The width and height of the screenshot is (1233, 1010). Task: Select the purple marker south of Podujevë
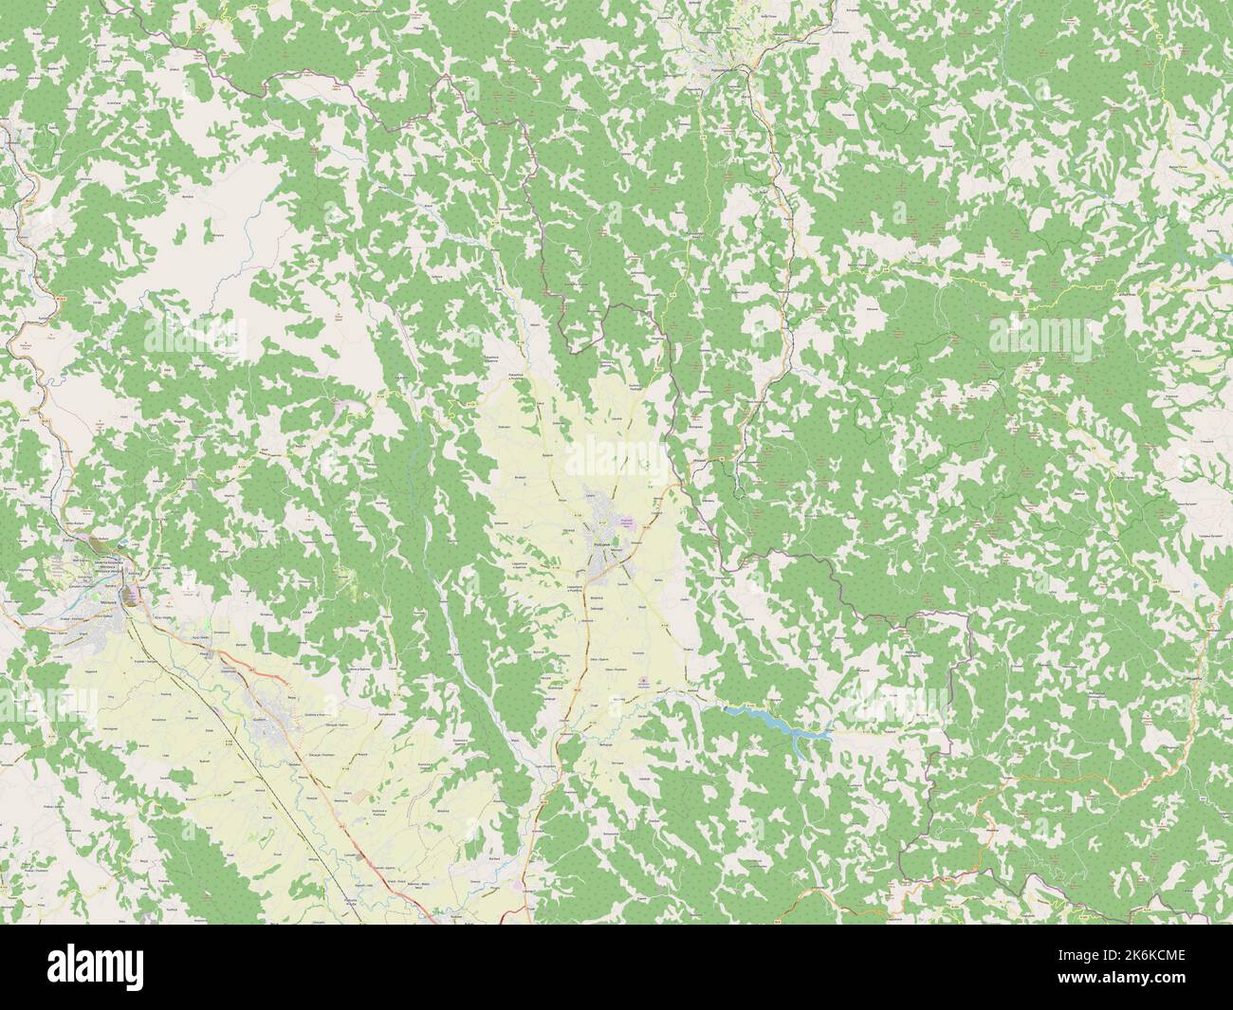coord(646,682)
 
